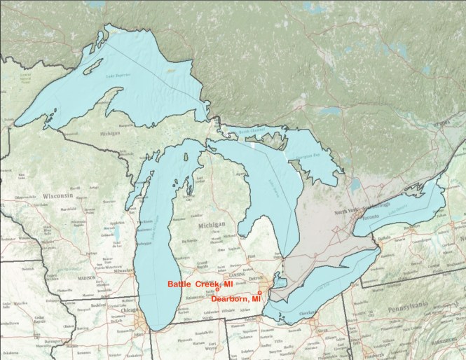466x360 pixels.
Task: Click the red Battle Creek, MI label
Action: (x=199, y=283)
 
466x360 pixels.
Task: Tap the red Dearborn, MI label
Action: (x=235, y=299)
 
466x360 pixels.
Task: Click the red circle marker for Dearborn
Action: (x=260, y=292)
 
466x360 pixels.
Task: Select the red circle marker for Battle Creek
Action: (x=218, y=289)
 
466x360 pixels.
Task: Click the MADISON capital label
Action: (x=85, y=277)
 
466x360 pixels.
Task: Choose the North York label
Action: (x=348, y=212)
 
